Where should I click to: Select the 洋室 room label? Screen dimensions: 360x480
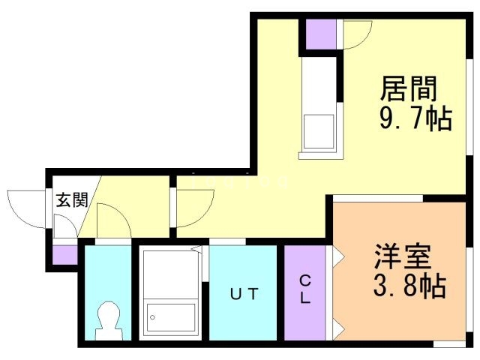click(403, 256)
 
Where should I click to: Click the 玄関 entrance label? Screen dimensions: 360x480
click(72, 200)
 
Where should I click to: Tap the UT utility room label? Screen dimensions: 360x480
click(244, 294)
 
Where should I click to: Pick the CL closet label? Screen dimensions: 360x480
click(306, 289)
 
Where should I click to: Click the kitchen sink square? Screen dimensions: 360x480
click(318, 132)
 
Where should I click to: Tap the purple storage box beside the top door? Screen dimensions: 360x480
click(321, 34)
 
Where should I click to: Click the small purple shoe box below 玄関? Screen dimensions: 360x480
click(65, 253)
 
